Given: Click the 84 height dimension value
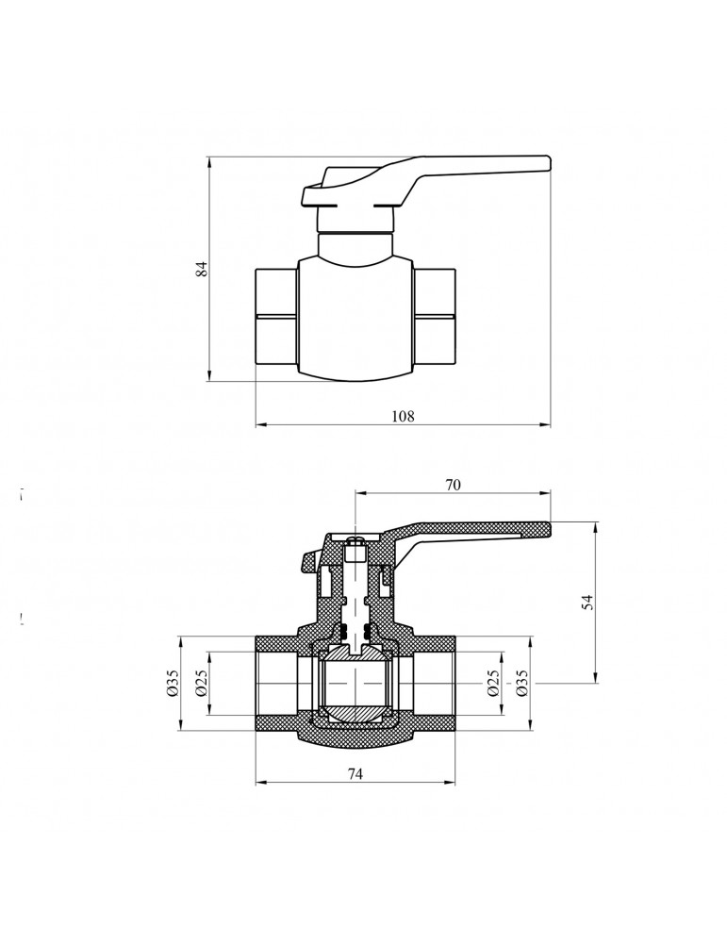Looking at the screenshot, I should (200, 268).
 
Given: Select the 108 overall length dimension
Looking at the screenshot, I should (404, 416).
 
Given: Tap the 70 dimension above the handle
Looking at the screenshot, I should (453, 485).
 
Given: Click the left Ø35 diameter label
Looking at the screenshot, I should (173, 684).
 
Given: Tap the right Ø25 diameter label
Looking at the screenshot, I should (494, 684).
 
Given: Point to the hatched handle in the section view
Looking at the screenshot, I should (471, 530).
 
